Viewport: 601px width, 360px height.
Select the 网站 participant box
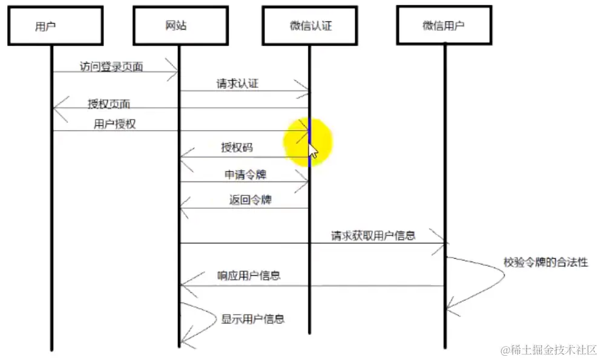(x=180, y=25)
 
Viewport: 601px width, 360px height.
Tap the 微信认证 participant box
(x=310, y=25)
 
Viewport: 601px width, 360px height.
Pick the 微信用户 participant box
(x=444, y=25)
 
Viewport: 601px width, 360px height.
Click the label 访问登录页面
(x=111, y=67)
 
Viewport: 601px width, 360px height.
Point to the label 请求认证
(x=237, y=83)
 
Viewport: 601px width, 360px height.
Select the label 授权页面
(x=109, y=103)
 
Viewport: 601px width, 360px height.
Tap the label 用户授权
(x=114, y=124)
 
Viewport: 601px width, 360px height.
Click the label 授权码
(x=237, y=147)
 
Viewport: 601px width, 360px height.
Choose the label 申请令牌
(x=245, y=175)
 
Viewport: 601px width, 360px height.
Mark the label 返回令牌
(x=249, y=200)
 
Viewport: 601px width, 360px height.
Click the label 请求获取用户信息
(x=373, y=235)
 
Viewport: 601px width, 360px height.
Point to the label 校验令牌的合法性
(x=545, y=263)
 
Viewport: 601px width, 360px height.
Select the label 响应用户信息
(x=249, y=275)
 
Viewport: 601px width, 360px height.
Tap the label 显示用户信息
(x=252, y=319)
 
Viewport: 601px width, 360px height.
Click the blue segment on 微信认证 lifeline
(x=309, y=142)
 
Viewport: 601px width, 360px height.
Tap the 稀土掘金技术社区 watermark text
(x=548, y=350)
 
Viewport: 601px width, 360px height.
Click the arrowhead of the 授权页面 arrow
(x=56, y=108)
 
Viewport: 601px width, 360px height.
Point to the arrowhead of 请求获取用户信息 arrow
(x=444, y=243)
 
